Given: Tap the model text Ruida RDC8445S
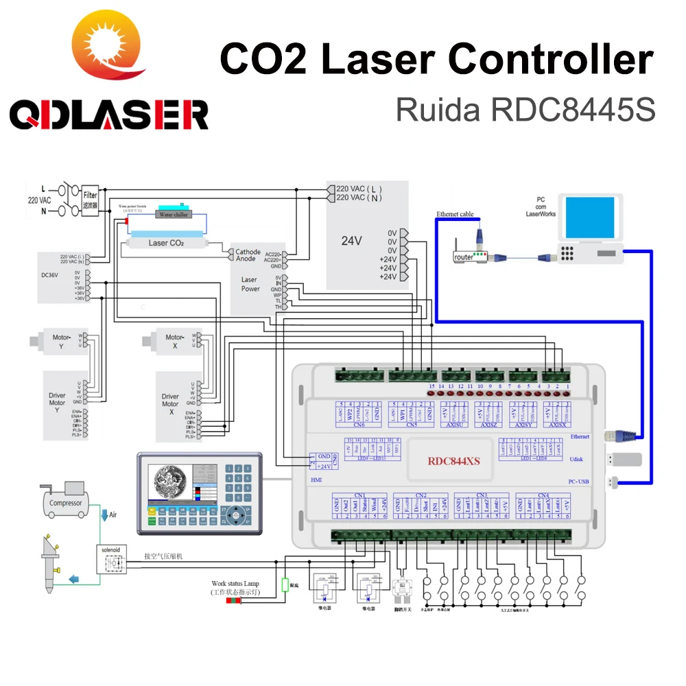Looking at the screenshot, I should [525, 108].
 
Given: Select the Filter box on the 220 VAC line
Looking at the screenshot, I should [91, 199].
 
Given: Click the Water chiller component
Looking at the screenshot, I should [174, 213].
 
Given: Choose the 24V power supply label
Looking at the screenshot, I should [352, 241].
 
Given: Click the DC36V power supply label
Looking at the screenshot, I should [51, 276].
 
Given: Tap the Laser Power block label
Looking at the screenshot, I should [250, 284].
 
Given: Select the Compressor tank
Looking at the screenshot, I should [66, 502].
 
